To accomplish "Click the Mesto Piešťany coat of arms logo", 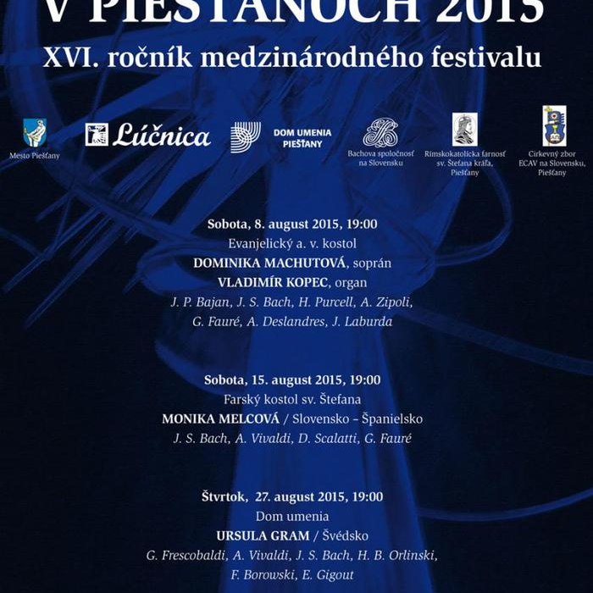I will coord(35,133).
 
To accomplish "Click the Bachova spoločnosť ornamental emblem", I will coord(380,133).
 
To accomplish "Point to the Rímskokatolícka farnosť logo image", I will coord(464,130).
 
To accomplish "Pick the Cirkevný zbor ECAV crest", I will coord(555,126).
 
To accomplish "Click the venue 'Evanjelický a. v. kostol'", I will coord(292,244).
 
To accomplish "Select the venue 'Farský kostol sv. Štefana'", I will coord(292,400).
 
